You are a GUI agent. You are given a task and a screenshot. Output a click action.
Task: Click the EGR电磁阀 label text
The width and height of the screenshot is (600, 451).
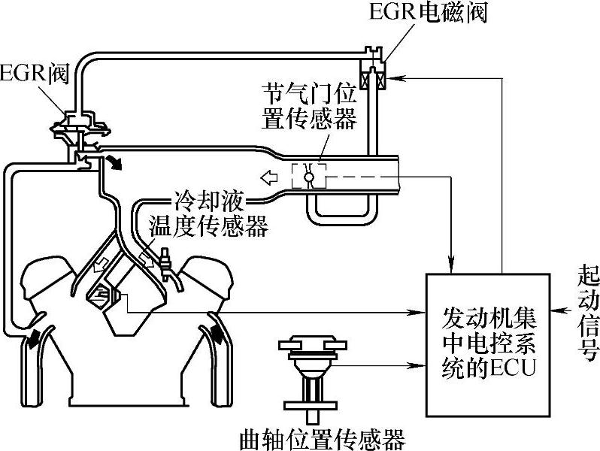(428, 12)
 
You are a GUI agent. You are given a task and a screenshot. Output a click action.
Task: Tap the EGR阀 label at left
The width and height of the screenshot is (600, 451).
(35, 74)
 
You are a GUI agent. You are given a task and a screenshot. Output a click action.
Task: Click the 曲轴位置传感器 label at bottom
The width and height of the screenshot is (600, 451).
(323, 440)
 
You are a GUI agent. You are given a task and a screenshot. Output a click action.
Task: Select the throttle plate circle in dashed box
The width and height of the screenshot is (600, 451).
(308, 177)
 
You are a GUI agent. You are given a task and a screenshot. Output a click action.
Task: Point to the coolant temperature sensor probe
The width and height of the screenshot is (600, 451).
(165, 264)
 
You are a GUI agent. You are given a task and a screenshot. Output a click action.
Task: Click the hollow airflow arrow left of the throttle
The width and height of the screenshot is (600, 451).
(269, 177)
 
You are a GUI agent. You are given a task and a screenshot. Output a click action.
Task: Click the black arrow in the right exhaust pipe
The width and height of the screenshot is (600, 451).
(217, 333)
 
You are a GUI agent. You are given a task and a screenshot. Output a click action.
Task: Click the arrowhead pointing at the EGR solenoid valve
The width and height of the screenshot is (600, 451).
(393, 78)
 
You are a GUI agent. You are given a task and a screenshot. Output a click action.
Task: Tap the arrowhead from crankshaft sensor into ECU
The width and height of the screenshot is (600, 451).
(419, 366)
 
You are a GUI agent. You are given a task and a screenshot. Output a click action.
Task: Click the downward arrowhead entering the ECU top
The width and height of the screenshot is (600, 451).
(452, 266)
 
